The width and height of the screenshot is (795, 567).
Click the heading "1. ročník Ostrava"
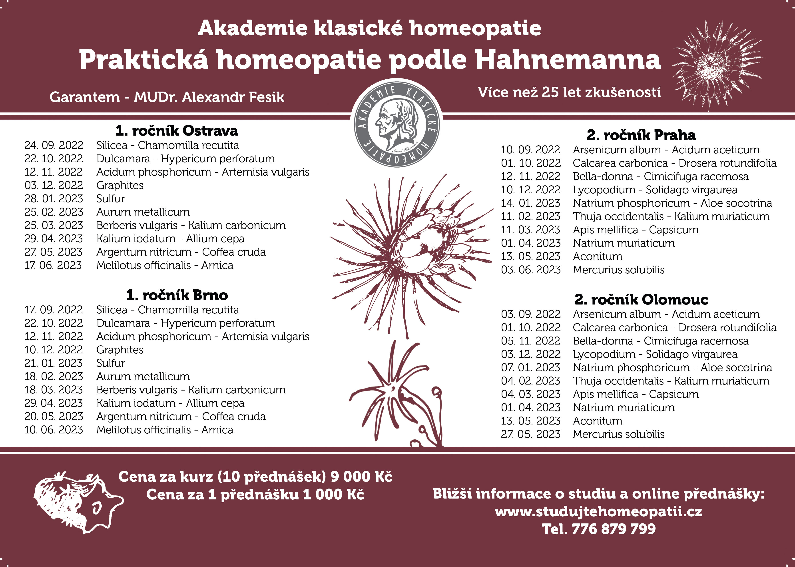click(x=177, y=131)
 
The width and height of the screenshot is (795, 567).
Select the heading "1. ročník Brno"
click(x=177, y=295)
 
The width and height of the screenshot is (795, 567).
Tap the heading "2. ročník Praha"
click(x=641, y=135)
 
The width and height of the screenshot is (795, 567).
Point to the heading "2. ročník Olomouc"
click(x=641, y=300)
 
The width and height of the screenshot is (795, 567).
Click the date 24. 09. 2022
click(x=54, y=145)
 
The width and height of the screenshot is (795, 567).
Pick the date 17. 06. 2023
click(x=53, y=265)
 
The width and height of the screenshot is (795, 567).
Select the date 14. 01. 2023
click(x=530, y=203)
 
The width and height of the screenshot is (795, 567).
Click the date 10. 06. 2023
click(x=54, y=430)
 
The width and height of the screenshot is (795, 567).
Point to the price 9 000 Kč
click(x=361, y=477)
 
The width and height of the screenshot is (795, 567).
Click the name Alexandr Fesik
click(x=233, y=97)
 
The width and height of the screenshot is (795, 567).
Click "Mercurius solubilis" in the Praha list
click(x=618, y=270)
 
